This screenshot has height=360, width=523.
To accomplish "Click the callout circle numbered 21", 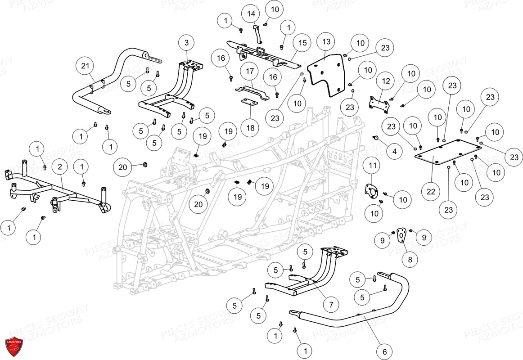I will pos(86,66).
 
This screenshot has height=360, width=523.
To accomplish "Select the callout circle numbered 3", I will pos(186,44).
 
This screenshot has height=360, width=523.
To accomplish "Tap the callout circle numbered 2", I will pos(59,167).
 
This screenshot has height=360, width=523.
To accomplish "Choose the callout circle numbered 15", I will pos(302,43).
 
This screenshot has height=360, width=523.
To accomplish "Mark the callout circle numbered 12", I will pos(386,81).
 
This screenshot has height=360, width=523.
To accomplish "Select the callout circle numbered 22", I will pos(431,192).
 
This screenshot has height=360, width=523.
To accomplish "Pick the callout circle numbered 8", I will pos(410,259).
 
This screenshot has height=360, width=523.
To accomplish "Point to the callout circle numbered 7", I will pos(331,305).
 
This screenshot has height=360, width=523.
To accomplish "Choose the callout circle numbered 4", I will pos(394,152).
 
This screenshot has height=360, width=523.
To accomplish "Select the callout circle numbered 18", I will pos(250,128).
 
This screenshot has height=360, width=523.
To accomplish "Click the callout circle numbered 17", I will pos(250,71).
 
